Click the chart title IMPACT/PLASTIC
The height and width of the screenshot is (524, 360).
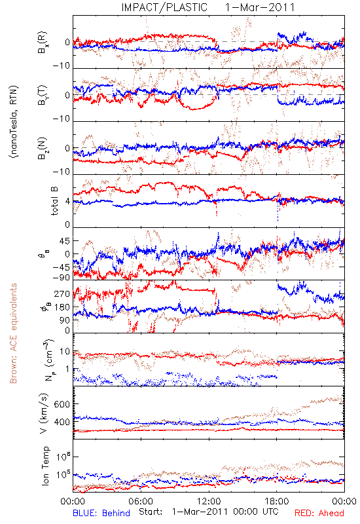[x=164, y=7]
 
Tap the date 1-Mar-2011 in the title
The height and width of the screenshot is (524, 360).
[x=260, y=7]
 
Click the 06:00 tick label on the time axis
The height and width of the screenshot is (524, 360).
[x=141, y=501]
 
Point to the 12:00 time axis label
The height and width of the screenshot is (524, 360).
[x=209, y=501]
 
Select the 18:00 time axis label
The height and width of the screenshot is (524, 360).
[x=277, y=501]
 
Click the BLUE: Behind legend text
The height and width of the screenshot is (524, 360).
[x=101, y=513]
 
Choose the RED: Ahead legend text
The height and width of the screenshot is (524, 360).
[x=319, y=513]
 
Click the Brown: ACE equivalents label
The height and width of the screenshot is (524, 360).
[x=13, y=333]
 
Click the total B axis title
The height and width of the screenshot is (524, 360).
[x=54, y=201]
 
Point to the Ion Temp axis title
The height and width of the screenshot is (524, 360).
[x=45, y=466]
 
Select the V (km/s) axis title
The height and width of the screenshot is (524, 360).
[x=44, y=413]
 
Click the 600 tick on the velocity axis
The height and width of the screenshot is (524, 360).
[x=62, y=404]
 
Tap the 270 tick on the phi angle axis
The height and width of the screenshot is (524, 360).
[x=62, y=293]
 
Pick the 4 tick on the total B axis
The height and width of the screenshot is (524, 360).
[x=68, y=202]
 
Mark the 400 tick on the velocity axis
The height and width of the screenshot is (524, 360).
[x=62, y=422]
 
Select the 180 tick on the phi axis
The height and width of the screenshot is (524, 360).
[x=62, y=307]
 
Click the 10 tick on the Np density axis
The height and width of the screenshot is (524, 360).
[x=65, y=352]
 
